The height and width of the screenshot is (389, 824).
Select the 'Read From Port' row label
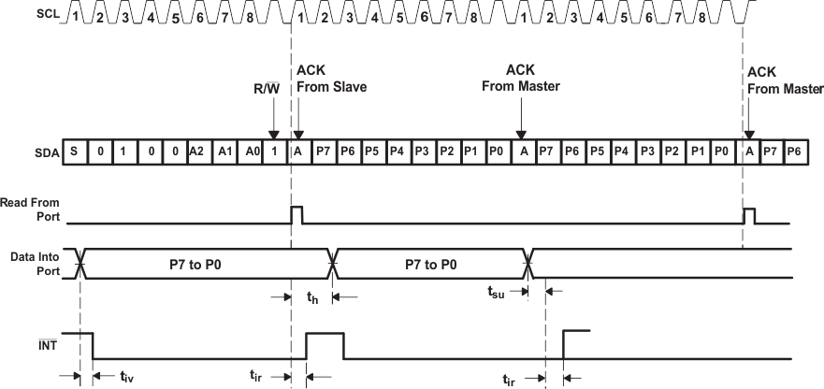click(30, 209)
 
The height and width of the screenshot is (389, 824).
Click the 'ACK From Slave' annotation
click(330, 79)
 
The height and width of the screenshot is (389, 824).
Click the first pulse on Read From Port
click(297, 214)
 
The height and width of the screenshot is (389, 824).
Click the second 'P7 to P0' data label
click(430, 265)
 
